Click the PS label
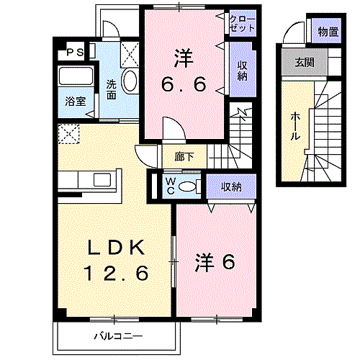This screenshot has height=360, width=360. click(75, 52)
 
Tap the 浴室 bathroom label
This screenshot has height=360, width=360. click(76, 102)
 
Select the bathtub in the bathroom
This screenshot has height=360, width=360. click(76, 76)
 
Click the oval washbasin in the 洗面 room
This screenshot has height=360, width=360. click(130, 81)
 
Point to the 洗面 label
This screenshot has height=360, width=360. click(112, 89)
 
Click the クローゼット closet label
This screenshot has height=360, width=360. click(242, 24)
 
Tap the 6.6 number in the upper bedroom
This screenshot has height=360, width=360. click(184, 84)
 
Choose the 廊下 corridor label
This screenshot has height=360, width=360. click(184, 157)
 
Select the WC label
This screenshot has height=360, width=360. click(171, 186)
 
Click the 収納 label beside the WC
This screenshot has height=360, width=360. click(231, 186)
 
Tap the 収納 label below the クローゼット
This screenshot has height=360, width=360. click(242, 71)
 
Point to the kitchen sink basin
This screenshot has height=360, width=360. click(102, 179)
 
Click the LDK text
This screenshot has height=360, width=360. click(117, 247)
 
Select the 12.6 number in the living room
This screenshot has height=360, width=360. click(116, 274)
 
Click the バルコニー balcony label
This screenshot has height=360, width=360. click(118, 336)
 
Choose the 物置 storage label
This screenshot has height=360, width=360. click(328, 32)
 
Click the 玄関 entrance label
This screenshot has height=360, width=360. click(305, 63)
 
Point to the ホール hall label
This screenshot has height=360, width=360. click(295, 127)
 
